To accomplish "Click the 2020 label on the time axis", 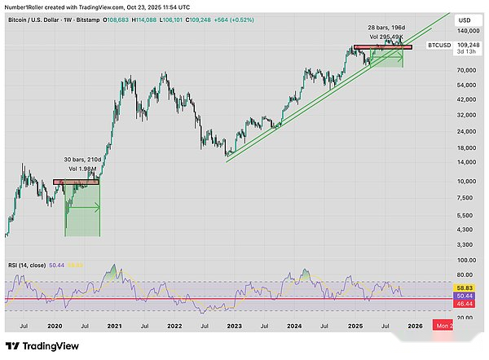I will (x=55, y=325).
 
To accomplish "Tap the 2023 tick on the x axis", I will (x=234, y=325).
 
